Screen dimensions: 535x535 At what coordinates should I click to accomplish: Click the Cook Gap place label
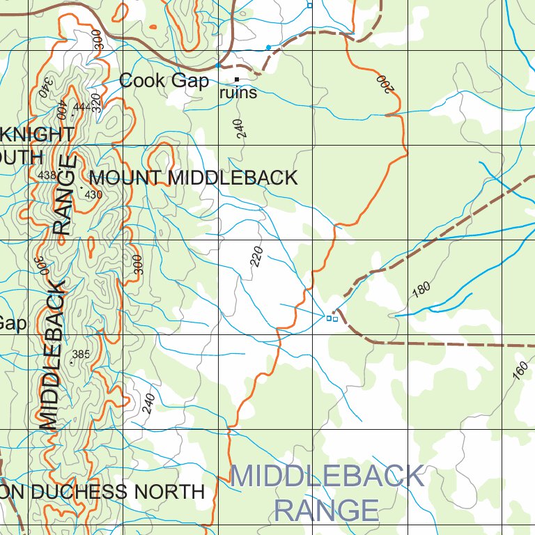point(164,81)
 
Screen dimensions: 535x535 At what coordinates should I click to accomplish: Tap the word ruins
point(238,93)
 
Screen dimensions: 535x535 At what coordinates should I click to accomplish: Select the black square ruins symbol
point(237,79)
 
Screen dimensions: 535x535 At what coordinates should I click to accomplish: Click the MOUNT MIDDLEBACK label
point(193,178)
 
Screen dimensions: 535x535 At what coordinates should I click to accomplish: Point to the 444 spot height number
point(81,107)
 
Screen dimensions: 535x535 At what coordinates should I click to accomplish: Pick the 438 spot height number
point(47,175)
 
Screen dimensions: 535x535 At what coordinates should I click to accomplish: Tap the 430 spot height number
point(93,195)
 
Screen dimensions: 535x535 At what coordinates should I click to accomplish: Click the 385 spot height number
point(81,355)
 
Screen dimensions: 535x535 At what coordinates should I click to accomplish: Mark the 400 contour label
point(61,109)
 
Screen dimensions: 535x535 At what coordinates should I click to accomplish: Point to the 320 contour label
point(96,102)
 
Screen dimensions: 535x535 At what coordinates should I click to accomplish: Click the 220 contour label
point(256,257)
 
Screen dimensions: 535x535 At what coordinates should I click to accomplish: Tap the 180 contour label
point(421,290)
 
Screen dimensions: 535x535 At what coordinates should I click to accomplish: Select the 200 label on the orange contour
point(384,84)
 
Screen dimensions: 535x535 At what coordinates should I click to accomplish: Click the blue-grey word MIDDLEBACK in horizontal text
point(327,476)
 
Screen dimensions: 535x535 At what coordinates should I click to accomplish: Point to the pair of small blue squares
point(332,318)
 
